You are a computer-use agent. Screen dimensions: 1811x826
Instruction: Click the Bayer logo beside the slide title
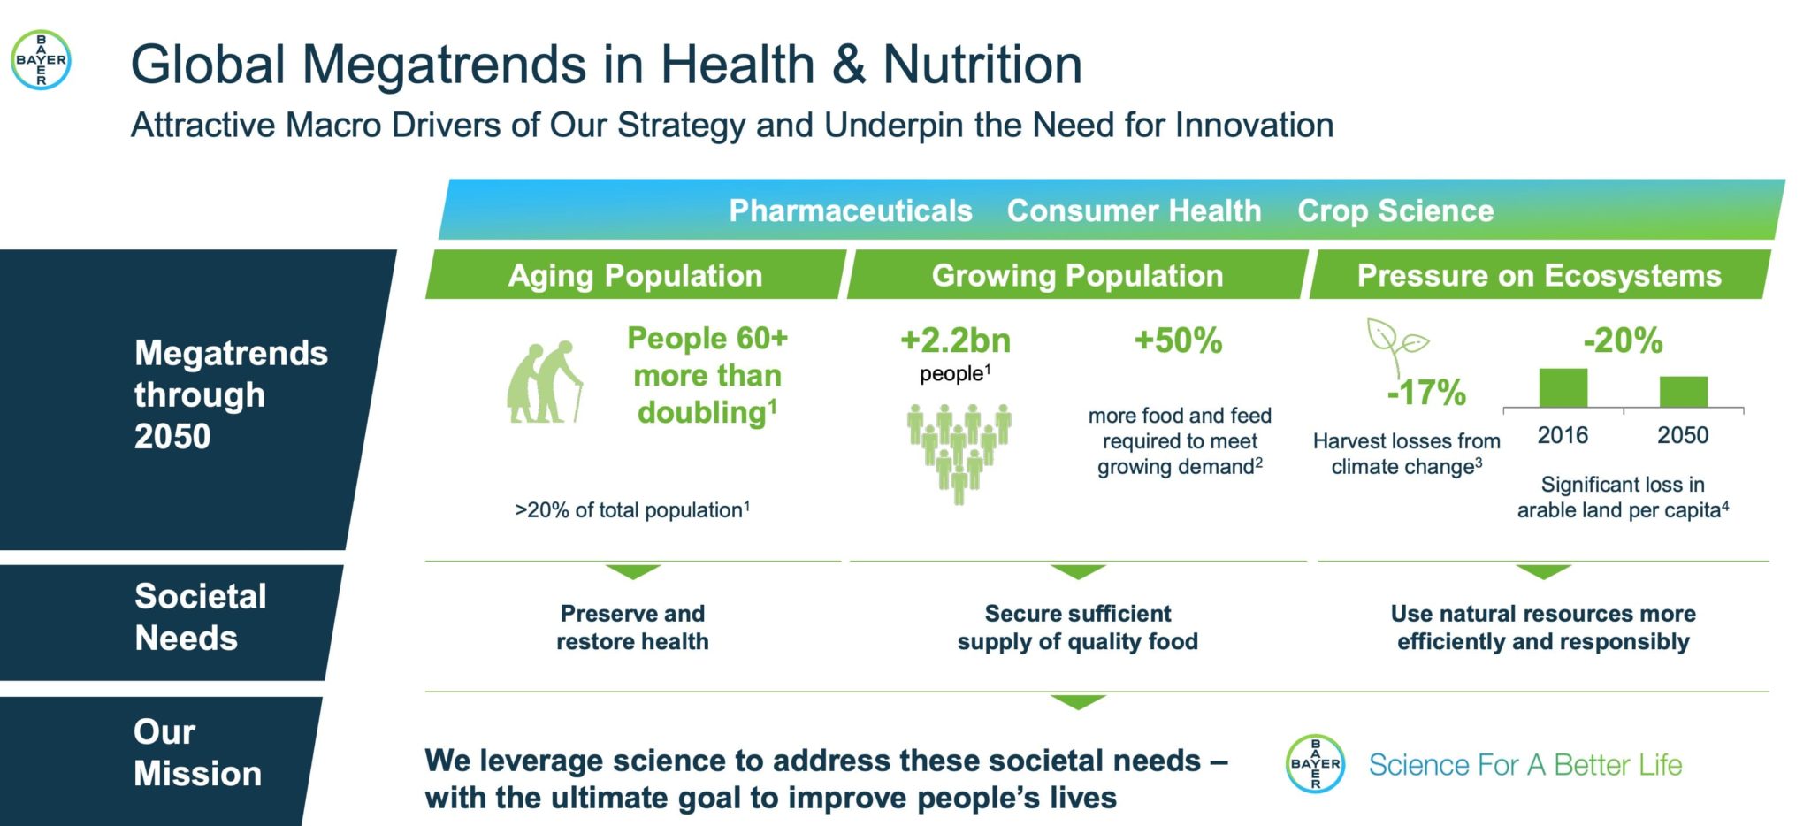(x=41, y=60)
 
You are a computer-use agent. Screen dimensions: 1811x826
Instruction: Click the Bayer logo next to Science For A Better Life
(x=1315, y=763)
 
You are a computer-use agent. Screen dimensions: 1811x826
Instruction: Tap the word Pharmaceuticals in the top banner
(x=851, y=210)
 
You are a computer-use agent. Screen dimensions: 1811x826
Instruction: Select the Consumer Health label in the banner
(x=1134, y=210)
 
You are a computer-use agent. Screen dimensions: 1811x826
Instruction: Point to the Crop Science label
(x=1395, y=210)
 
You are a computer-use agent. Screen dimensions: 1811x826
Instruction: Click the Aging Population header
(x=635, y=275)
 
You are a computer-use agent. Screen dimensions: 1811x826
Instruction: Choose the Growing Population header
(x=1077, y=275)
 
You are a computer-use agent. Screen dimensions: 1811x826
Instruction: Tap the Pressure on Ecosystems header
(x=1540, y=275)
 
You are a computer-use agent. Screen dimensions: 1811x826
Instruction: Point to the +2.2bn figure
(x=955, y=340)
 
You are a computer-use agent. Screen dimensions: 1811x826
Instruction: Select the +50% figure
(x=1178, y=340)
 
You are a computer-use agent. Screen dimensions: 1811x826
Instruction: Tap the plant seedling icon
(x=1395, y=347)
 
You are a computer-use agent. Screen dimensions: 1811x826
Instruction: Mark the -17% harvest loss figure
(x=1426, y=393)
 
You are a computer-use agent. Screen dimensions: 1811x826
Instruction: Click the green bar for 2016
(x=1563, y=388)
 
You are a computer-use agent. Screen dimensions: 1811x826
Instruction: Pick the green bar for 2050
(x=1684, y=392)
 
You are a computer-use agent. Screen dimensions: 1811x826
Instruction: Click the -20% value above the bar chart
(x=1623, y=340)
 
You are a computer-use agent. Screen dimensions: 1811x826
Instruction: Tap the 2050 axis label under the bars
(x=1683, y=435)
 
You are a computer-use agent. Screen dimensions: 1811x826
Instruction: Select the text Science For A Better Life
(x=1525, y=765)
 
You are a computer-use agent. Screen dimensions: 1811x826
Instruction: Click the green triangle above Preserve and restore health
(x=633, y=571)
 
